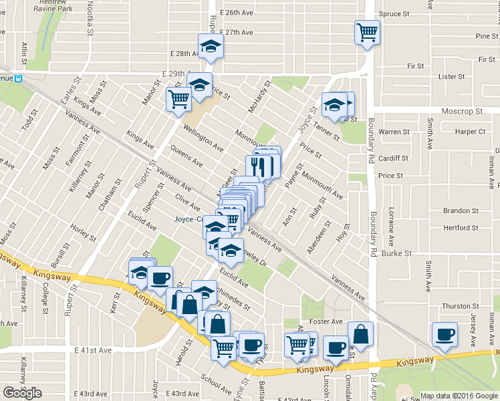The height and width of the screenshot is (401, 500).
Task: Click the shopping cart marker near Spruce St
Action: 367,31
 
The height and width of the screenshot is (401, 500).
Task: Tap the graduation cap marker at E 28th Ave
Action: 211,46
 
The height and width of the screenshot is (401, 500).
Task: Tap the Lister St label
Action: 451,77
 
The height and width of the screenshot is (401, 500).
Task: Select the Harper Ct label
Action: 470,132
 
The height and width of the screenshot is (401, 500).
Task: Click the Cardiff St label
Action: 392,158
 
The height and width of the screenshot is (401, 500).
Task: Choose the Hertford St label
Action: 461,228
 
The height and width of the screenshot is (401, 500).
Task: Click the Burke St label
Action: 394,253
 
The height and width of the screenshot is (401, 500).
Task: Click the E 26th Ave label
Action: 238,13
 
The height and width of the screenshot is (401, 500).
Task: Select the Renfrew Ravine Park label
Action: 47,6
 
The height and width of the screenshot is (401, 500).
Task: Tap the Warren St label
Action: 394,132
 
